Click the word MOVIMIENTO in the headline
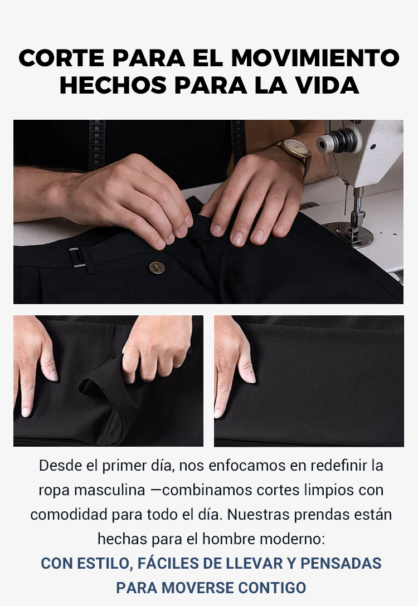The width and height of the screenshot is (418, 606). coord(315,58)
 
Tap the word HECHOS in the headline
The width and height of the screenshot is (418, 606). coord(113,85)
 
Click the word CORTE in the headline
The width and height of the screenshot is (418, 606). coord(61,58)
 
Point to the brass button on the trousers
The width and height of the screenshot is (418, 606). coord(157,267)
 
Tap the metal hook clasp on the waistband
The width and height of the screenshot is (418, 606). coord(77,258)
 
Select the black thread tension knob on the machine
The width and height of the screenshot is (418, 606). coord(337,141)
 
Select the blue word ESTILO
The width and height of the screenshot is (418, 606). coord(105,564)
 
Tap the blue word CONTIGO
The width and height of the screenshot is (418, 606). coord(272,588)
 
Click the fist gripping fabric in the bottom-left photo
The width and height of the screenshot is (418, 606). coord(157,348)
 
